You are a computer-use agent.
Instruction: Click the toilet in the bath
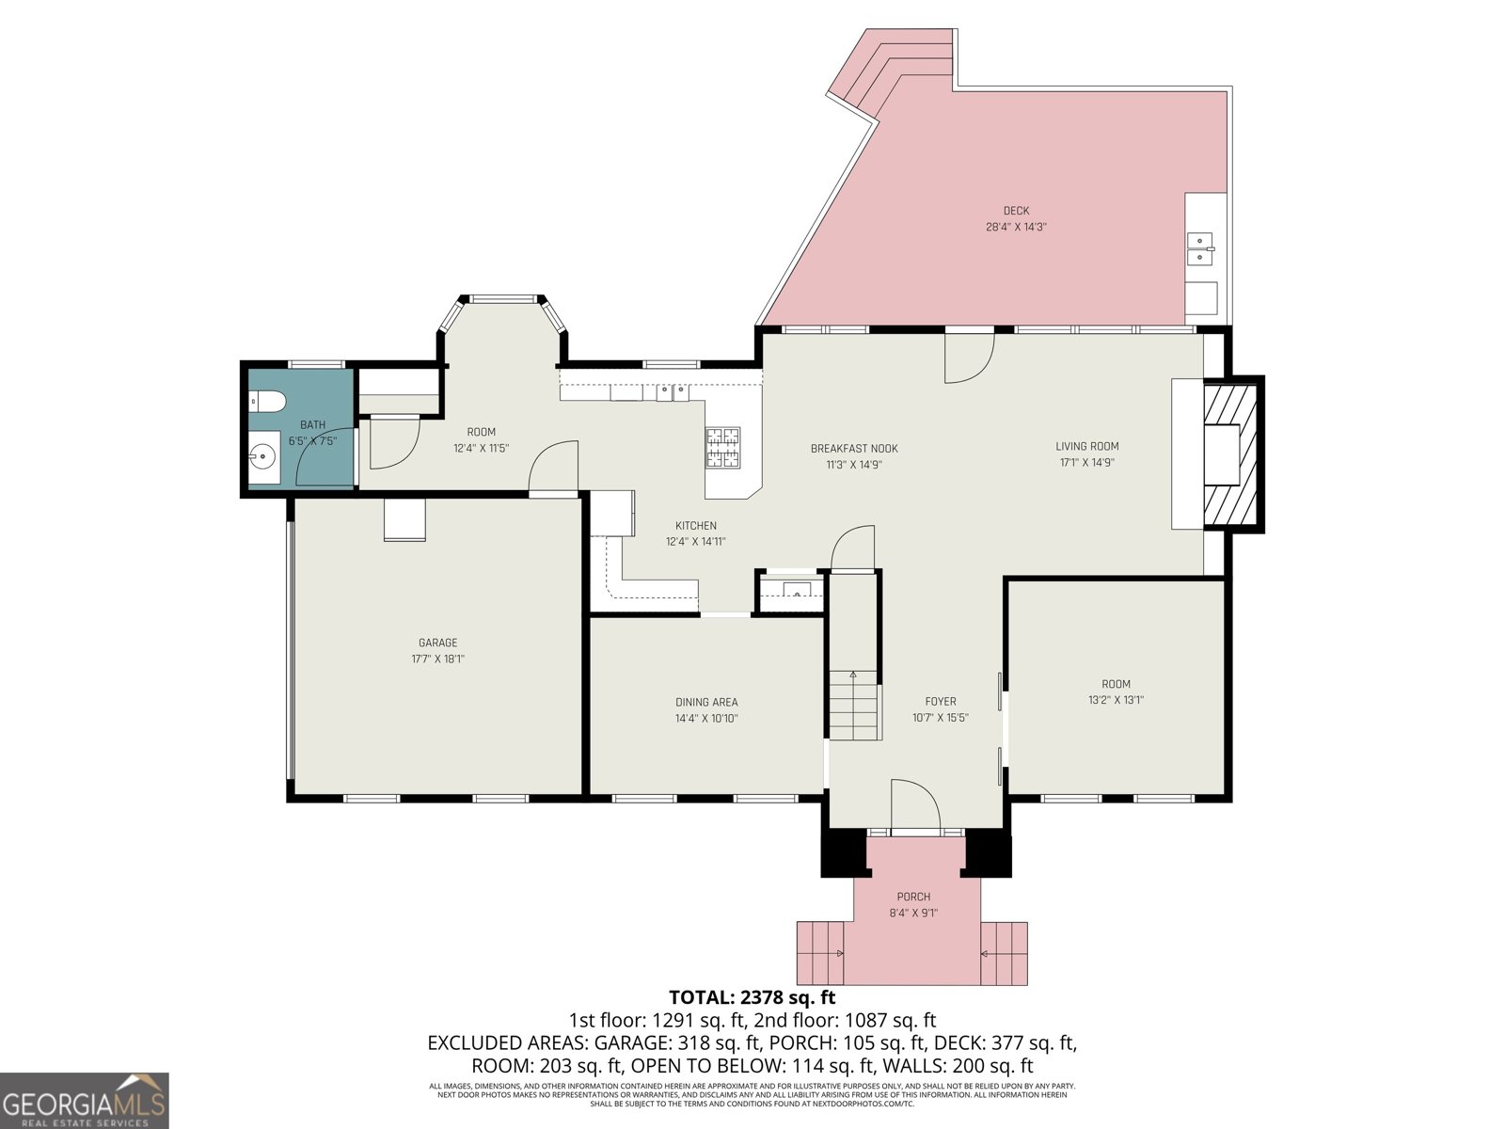268,402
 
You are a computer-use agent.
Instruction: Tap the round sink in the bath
262,458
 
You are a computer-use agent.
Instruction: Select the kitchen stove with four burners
722,448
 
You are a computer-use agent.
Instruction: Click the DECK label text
1016,211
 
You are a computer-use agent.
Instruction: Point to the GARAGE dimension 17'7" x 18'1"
437,660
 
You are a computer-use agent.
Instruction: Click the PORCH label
913,897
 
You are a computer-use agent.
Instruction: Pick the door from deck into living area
970,358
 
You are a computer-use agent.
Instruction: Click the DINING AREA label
706,702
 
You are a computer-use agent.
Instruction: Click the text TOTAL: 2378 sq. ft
752,997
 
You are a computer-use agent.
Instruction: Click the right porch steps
1004,953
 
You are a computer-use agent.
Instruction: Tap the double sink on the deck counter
1199,249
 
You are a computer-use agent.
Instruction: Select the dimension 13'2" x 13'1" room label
1116,700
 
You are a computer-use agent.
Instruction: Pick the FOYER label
941,701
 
